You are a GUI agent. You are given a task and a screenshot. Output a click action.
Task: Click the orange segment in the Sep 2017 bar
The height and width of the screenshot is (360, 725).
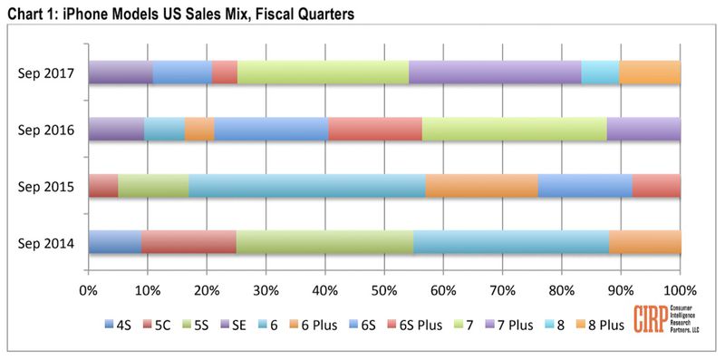(650, 72)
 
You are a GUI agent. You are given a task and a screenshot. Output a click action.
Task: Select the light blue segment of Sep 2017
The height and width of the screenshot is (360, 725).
(600, 72)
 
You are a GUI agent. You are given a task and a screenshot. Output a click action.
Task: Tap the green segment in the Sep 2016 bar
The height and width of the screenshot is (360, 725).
(515, 129)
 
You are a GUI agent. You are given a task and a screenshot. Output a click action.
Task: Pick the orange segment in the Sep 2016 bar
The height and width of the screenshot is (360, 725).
(199, 129)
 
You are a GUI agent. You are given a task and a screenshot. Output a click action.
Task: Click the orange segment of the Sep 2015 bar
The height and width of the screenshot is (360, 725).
(482, 185)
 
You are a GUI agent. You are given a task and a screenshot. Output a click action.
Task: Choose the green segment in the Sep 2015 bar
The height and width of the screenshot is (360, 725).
(153, 185)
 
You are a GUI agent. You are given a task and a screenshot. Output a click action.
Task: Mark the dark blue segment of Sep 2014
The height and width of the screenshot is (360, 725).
(115, 242)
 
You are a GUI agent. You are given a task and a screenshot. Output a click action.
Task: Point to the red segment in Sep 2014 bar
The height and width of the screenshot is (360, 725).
(188, 242)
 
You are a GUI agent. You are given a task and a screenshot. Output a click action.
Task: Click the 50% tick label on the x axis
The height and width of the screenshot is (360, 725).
(384, 291)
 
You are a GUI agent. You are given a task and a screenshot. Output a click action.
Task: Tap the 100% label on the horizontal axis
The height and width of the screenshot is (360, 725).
(679, 291)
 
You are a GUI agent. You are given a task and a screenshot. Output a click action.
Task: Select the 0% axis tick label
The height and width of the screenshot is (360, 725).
(89, 291)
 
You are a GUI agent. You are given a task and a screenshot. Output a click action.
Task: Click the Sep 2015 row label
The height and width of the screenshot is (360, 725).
(51, 186)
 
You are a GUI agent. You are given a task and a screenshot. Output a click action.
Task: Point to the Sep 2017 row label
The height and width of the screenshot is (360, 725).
(51, 73)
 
